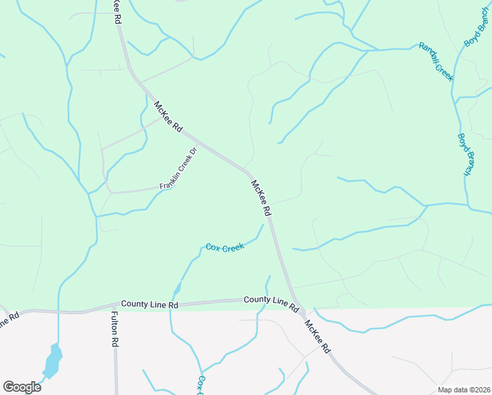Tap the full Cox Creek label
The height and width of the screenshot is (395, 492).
(224, 248)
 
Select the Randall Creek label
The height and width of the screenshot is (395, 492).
(436, 63)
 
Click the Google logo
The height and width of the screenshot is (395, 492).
(21, 386)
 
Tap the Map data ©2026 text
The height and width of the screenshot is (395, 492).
(463, 390)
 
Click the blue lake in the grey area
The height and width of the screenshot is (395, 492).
(52, 361)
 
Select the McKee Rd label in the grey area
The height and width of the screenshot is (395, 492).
(316, 338)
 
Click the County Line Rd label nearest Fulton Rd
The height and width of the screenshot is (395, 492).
(150, 305)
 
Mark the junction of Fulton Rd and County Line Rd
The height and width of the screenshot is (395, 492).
(115, 307)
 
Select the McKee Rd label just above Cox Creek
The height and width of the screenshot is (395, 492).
(260, 197)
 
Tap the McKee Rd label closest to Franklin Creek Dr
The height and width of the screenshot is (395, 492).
(168, 117)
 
